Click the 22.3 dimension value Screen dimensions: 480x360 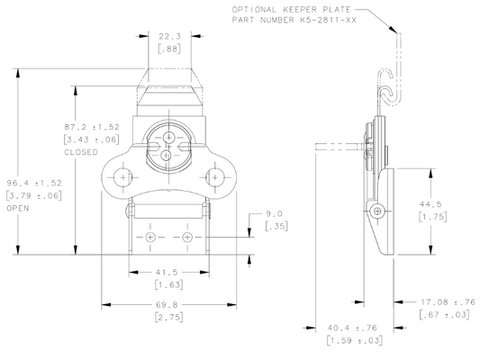[169, 36]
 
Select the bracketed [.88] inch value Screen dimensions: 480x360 [169, 49]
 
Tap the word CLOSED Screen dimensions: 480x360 [81, 152]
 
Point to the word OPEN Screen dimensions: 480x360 [18, 208]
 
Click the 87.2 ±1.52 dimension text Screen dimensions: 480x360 [92, 127]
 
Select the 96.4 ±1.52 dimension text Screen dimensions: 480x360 [34, 184]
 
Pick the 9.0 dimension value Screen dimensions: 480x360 [274, 213]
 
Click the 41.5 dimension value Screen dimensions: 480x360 [167, 272]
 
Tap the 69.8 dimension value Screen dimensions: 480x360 [167, 304]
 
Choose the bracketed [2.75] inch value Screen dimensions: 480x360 [169, 317]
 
